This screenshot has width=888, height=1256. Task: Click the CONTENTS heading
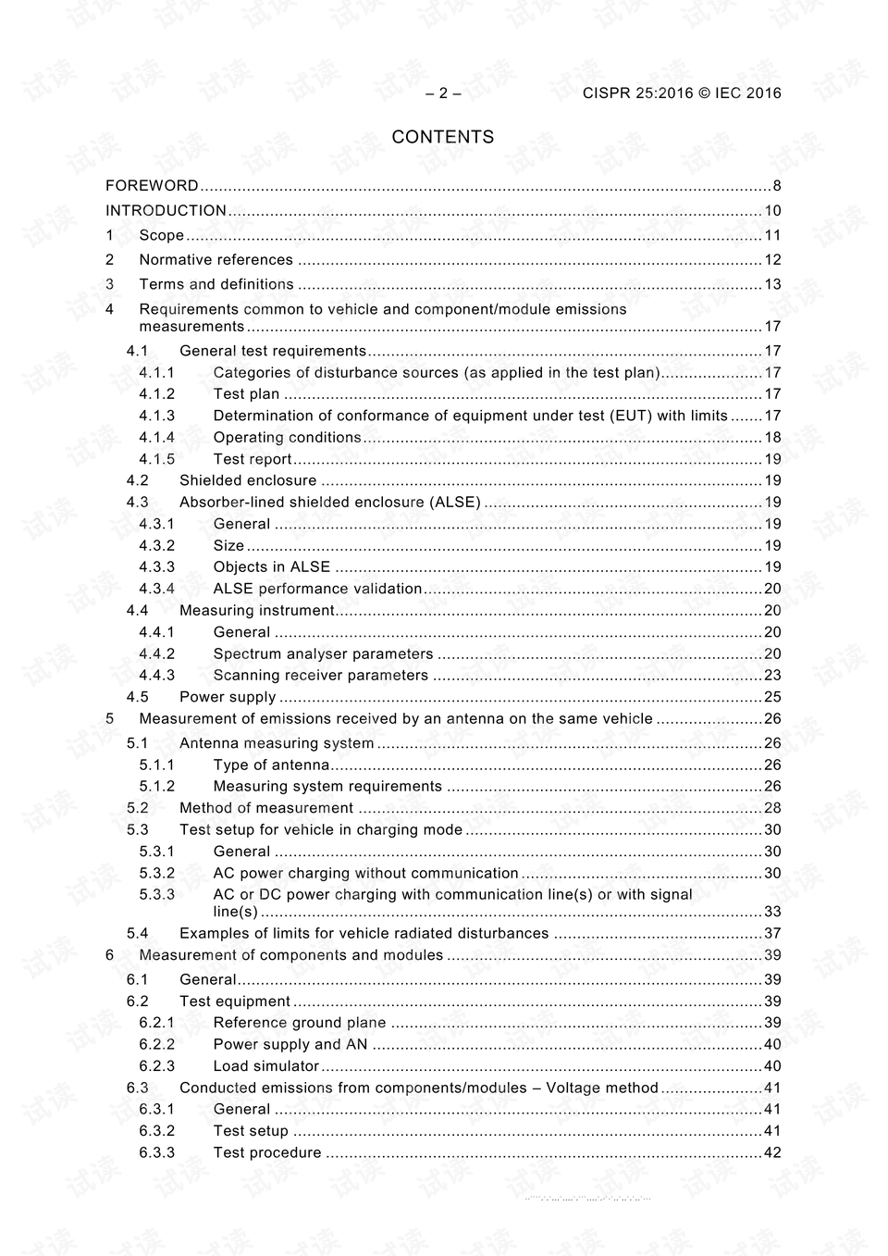(442, 137)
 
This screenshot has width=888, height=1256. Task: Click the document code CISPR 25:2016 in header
(637, 93)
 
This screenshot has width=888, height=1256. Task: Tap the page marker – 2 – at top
(442, 93)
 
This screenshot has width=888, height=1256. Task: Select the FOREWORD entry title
(152, 186)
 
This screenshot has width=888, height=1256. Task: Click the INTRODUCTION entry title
(166, 211)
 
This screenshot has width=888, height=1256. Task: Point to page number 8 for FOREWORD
(776, 186)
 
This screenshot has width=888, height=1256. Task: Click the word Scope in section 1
(161, 235)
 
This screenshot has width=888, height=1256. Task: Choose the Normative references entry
(216, 260)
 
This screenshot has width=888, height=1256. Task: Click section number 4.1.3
(156, 416)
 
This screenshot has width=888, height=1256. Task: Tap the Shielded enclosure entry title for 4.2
(248, 480)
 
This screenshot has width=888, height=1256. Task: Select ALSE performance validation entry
(317, 589)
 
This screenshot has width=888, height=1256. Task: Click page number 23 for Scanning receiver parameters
(772, 676)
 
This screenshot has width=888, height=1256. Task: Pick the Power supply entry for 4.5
(228, 697)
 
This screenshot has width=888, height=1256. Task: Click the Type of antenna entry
(271, 765)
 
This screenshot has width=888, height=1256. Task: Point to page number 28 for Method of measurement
(772, 808)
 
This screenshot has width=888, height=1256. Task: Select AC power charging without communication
(365, 873)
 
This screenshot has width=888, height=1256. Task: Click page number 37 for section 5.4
(772, 933)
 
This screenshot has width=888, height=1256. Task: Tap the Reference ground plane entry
(300, 1023)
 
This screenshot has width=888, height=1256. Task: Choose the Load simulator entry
(265, 1066)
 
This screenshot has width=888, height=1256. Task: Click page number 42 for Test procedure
(772, 1153)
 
